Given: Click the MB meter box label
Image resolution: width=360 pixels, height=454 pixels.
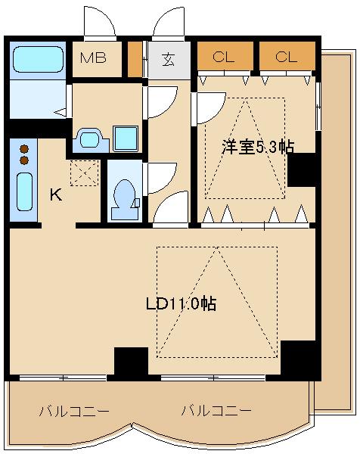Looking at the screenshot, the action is [x=93, y=58].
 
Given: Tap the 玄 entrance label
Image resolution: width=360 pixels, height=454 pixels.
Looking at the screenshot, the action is [x=168, y=60].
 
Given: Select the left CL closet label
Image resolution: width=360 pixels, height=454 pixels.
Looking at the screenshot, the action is [x=223, y=57].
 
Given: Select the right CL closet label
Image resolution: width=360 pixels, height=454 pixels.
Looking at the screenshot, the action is [x=286, y=57].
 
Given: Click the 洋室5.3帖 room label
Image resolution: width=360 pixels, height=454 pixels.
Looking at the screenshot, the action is [x=258, y=147].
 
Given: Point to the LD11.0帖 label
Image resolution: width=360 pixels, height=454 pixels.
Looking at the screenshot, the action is [x=181, y=304].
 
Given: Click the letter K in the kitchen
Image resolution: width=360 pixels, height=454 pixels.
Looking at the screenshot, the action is [x=56, y=194].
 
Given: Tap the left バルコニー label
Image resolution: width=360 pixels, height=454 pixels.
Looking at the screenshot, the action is [x=74, y=411].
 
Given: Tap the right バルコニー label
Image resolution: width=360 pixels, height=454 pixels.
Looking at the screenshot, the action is [x=216, y=410].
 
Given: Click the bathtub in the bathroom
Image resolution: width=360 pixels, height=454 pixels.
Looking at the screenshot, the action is [x=39, y=59].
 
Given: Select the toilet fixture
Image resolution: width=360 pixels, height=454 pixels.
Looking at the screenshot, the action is [x=125, y=200].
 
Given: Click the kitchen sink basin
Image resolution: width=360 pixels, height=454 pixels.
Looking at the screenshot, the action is [x=24, y=191].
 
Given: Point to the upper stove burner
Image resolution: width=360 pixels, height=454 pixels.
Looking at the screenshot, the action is [x=24, y=149].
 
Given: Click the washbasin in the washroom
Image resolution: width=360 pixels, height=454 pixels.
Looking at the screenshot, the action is [x=91, y=140].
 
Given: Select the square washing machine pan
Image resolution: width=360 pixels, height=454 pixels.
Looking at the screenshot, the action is [x=126, y=138].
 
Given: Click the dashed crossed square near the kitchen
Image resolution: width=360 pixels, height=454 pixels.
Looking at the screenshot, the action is [x=85, y=173].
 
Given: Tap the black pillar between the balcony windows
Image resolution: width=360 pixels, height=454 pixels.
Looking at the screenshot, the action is [x=132, y=362].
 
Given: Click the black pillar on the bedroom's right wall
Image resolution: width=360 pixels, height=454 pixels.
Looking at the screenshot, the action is [x=302, y=169].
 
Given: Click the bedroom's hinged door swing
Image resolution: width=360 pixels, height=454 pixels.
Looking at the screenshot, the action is [x=209, y=108].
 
